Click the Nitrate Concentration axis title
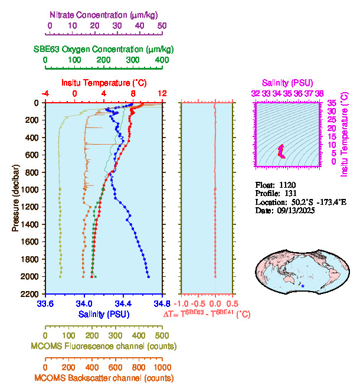click(x=104, y=14)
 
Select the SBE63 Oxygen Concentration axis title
click(x=103, y=49)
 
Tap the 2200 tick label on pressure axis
click(x=30, y=294)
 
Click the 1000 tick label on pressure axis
click(x=30, y=190)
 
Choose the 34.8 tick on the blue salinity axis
click(x=161, y=304)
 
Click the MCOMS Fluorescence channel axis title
click(x=104, y=346)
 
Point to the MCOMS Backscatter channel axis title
click(x=104, y=378)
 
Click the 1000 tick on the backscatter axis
click(x=161, y=366)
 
